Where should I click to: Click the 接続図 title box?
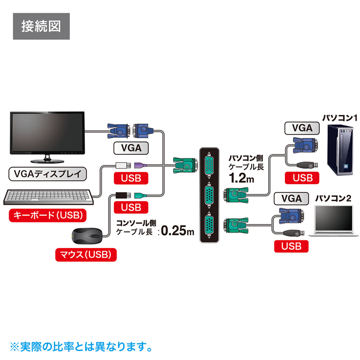click(41, 27)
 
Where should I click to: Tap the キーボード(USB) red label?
click(47, 215)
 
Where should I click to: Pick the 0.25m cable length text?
click(177, 231)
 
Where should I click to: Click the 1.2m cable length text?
click(242, 179)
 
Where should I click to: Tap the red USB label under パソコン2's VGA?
click(291, 246)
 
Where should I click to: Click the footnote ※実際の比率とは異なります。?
click(80, 347)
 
